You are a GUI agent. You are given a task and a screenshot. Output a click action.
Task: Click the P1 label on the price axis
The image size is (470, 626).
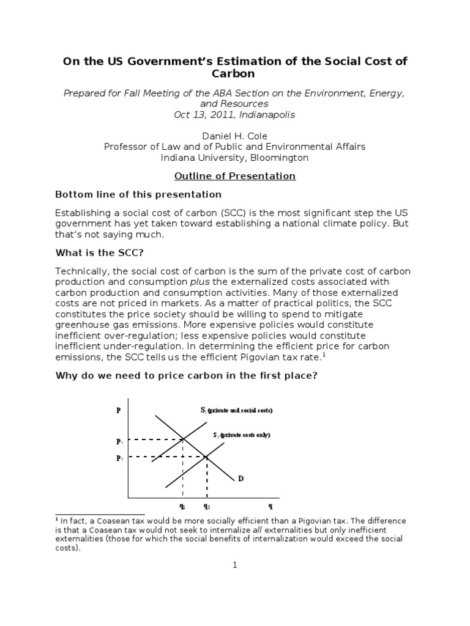click(119, 441)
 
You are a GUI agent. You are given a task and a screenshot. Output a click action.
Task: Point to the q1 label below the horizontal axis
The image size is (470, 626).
click(182, 506)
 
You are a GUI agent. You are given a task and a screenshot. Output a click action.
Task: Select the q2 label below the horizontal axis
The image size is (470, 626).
click(207, 506)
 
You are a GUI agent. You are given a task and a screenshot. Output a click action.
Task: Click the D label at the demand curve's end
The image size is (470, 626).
click(241, 478)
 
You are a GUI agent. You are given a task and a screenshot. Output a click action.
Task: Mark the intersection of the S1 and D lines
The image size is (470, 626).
click(183, 438)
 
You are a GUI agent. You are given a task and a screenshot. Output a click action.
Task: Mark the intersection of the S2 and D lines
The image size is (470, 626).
click(207, 457)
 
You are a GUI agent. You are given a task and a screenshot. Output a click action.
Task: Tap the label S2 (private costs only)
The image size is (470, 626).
click(241, 435)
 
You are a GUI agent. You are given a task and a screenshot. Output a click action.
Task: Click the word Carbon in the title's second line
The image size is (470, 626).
click(235, 75)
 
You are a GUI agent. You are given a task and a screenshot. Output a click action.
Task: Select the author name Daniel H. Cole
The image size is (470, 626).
click(235, 136)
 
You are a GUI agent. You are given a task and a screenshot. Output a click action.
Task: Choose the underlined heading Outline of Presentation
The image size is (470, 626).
click(235, 176)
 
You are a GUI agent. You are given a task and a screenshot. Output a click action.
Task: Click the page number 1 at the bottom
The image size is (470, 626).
click(234, 565)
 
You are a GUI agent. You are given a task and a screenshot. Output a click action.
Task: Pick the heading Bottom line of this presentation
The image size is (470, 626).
click(138, 194)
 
